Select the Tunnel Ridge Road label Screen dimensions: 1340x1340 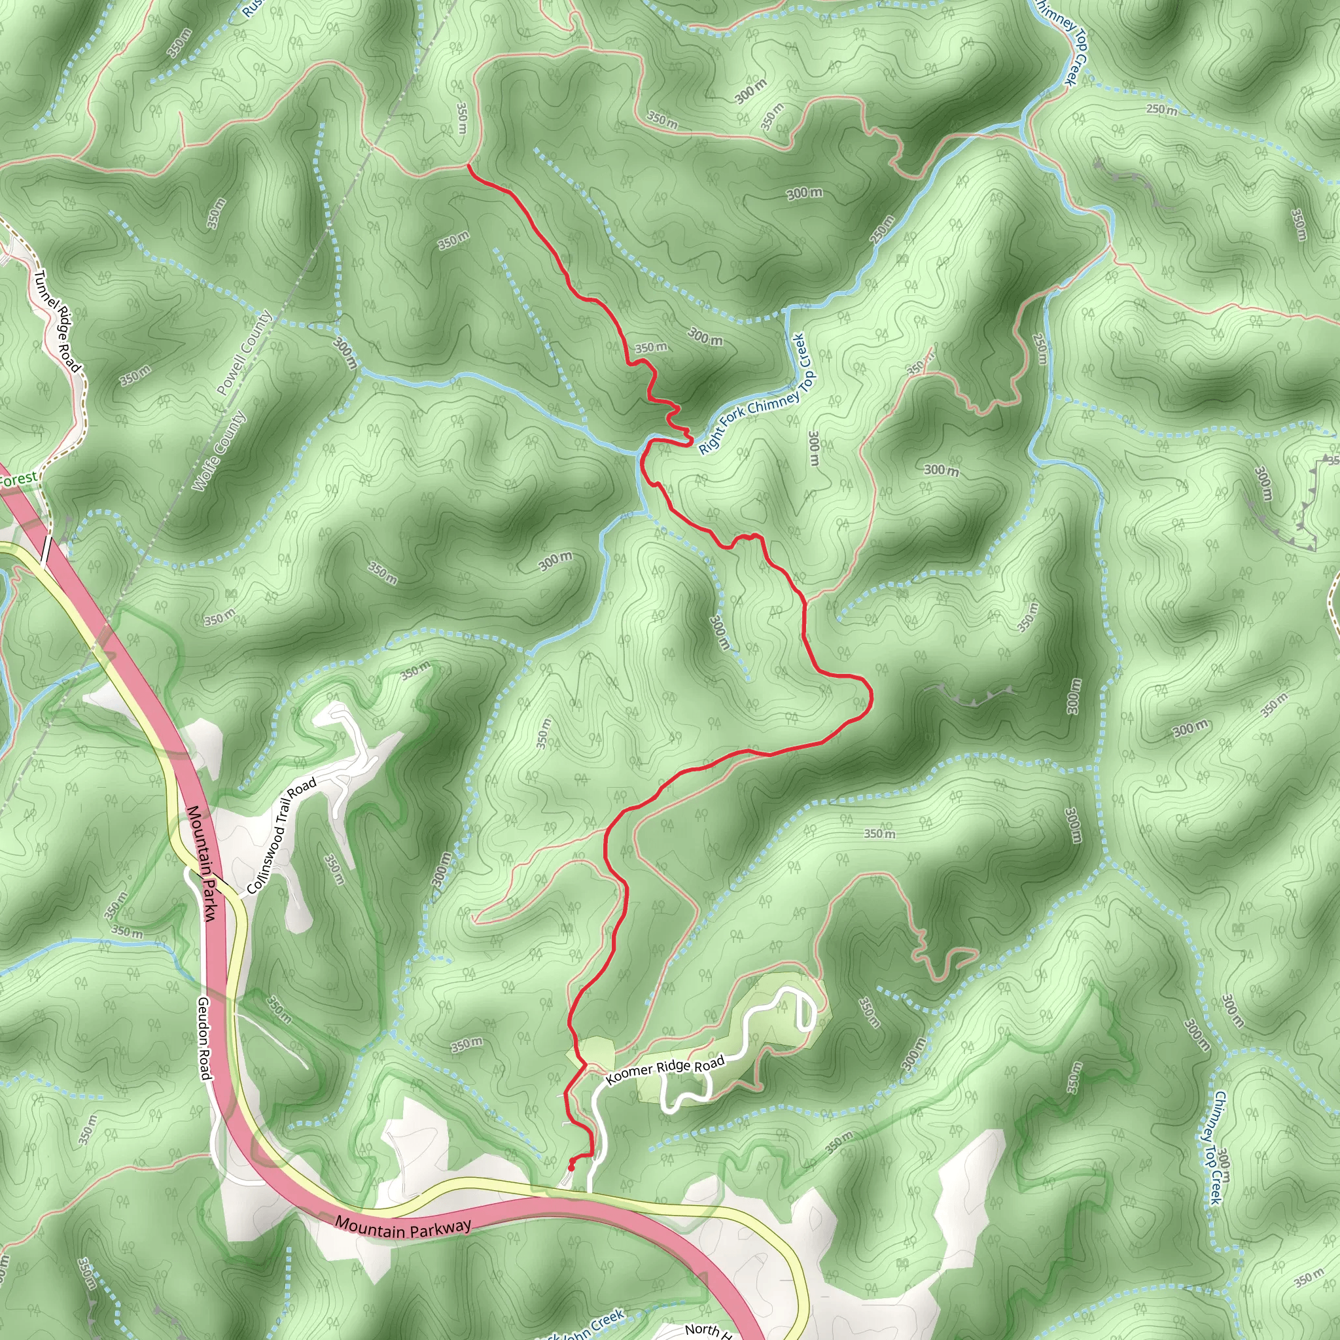click(x=58, y=321)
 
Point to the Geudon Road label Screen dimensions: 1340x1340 click(x=204, y=1038)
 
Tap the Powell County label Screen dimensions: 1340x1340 click(x=244, y=353)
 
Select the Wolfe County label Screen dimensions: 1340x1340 click(x=219, y=451)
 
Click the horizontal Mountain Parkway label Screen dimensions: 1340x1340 click(x=403, y=1227)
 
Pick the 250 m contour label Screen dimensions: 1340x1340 click(x=1161, y=109)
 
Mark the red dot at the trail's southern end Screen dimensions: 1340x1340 click(x=571, y=1167)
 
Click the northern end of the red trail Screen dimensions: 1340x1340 click(x=469, y=165)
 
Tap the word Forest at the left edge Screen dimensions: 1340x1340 click(x=18, y=479)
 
